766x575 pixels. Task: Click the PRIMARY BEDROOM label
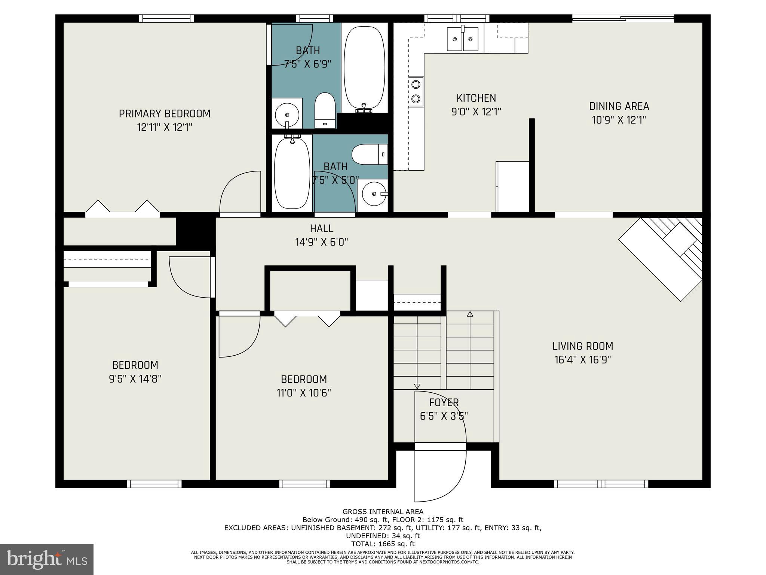tap(165, 113)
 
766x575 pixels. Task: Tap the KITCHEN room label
tap(476, 98)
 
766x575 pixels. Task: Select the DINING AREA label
tap(619, 106)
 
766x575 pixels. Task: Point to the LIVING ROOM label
tap(583, 346)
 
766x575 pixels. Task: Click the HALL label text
tap(322, 228)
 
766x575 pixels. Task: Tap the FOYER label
tap(444, 402)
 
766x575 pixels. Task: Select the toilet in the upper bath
tap(324, 110)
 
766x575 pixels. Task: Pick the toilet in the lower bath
tap(370, 155)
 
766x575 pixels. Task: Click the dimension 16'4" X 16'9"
tap(583, 360)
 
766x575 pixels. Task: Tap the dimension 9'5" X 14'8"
tap(135, 379)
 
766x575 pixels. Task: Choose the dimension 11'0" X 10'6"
tap(304, 393)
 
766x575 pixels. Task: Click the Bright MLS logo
tap(47, 560)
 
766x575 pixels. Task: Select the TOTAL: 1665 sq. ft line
tap(383, 544)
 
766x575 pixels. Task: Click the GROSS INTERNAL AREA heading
tap(383, 512)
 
